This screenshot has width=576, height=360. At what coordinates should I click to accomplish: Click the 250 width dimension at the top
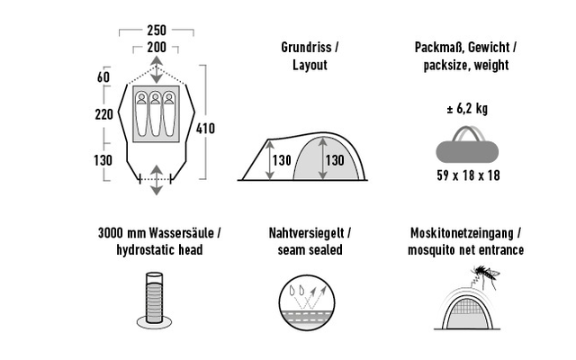157,30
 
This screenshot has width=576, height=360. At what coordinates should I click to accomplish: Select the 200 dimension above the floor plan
157,48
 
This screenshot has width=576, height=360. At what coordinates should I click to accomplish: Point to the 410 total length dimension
205,129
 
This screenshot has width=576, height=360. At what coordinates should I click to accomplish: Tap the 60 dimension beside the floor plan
103,77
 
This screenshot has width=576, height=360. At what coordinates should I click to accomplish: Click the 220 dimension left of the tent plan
104,114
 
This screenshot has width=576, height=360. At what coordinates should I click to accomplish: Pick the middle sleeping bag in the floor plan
156,114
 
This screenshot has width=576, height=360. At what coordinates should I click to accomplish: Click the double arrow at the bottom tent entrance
157,180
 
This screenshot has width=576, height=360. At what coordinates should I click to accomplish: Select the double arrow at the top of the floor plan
157,70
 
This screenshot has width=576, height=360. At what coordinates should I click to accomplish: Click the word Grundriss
306,48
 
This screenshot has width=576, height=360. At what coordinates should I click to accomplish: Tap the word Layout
310,65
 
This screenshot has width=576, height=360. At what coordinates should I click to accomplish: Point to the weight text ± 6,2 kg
467,109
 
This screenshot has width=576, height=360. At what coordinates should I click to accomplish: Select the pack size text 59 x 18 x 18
468,175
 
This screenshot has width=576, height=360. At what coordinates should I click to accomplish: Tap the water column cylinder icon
154,300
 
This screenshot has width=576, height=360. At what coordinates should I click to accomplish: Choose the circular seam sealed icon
307,303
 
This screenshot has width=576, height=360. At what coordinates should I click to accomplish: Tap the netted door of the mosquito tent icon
467,312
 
